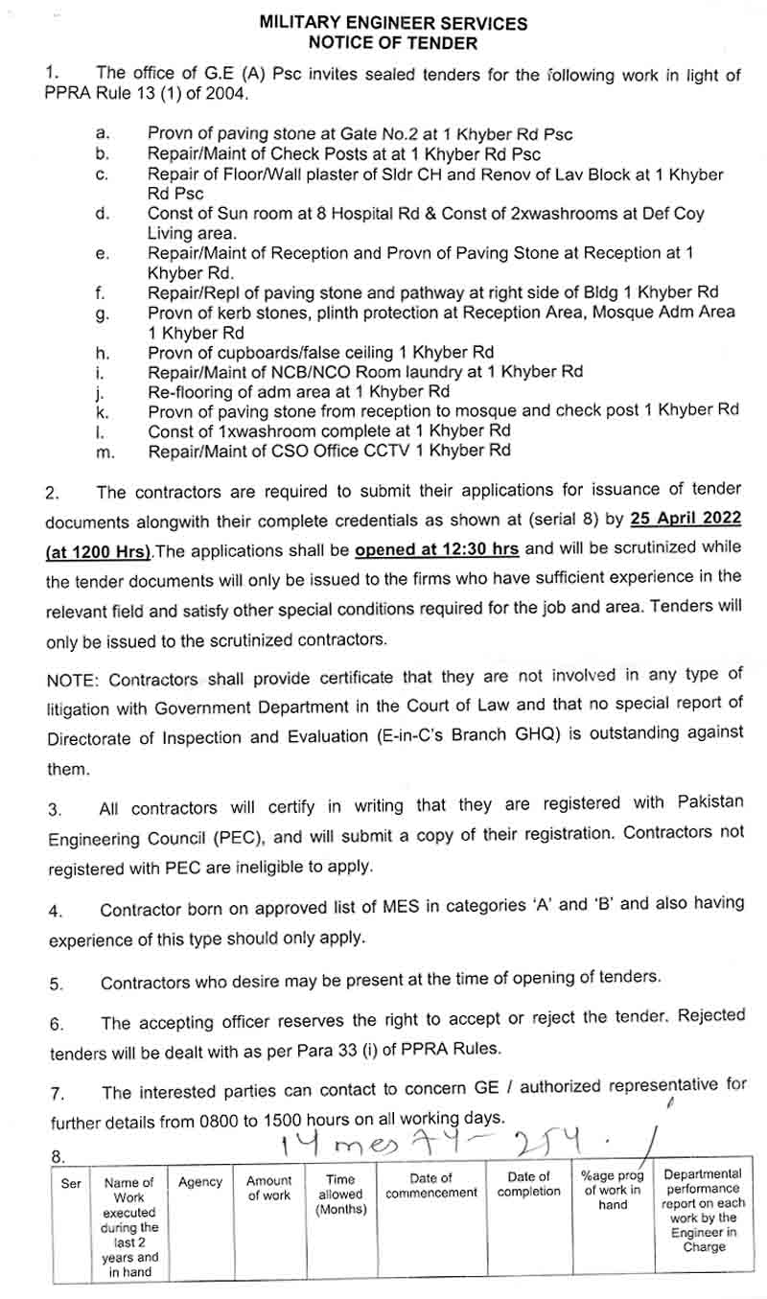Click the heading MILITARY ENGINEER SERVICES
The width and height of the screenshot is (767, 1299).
(x=392, y=23)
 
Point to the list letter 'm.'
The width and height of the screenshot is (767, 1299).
(x=105, y=452)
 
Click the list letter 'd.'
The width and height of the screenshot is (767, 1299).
(x=103, y=213)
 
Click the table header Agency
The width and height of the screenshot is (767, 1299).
(x=200, y=1182)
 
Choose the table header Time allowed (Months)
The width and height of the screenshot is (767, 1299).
(x=340, y=1195)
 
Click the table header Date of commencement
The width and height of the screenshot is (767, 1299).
(x=431, y=1186)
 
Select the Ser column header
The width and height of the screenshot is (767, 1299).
(x=71, y=1184)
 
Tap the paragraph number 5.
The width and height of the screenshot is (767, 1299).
(x=56, y=984)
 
